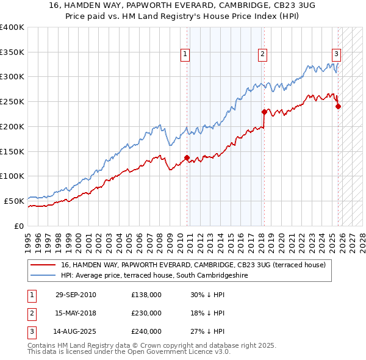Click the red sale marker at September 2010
click(187, 157)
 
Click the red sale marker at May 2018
click(264, 112)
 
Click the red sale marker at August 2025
click(338, 106)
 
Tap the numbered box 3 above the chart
click(336, 54)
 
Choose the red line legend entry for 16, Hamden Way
click(193, 265)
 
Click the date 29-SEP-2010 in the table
click(75, 295)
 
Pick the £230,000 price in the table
click(146, 313)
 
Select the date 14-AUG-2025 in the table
click(75, 331)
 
